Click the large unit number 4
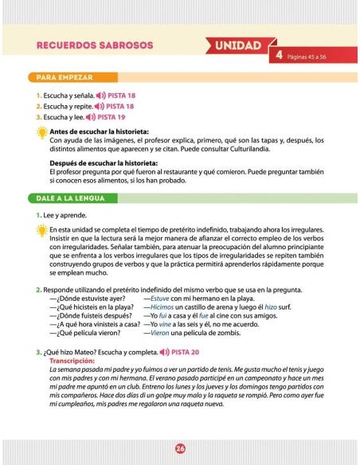[x=279, y=56]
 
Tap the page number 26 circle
[x=180, y=448]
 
